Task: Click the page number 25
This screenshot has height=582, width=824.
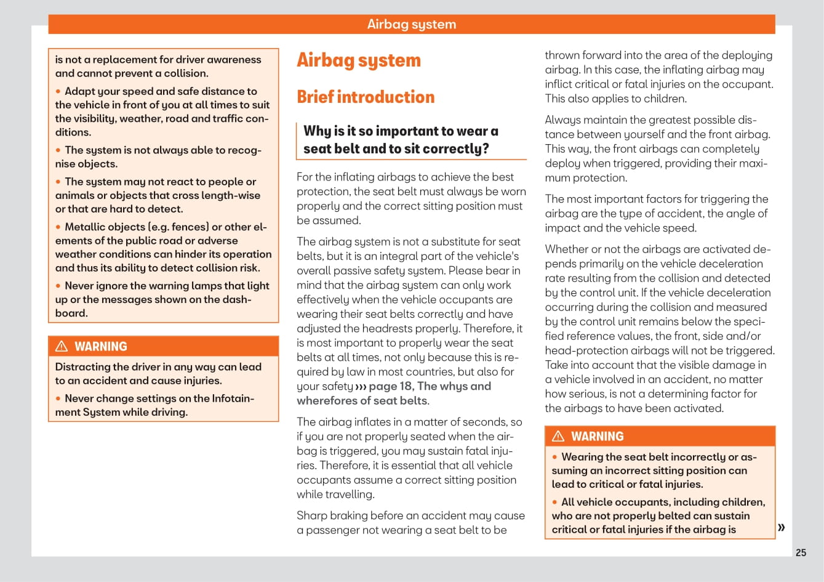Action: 801,552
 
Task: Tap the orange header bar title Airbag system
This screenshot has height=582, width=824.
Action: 411,24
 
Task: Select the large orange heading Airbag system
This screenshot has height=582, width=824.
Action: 359,60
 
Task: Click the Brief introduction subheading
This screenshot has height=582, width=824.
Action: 366,97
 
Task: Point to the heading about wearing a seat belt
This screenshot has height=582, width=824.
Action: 401,140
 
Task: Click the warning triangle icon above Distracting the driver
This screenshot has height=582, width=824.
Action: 62,346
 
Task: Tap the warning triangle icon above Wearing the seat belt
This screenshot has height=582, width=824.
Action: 558,436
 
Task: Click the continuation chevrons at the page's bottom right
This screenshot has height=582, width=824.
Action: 782,527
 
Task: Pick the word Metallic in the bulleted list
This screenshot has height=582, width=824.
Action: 85,227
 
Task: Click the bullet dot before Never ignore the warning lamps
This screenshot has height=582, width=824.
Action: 58,286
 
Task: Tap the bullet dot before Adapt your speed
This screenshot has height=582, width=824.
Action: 58,91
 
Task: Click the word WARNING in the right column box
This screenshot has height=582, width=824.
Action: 597,436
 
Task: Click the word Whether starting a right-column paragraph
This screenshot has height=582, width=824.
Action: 566,249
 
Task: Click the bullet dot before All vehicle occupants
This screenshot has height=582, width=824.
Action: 554,503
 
